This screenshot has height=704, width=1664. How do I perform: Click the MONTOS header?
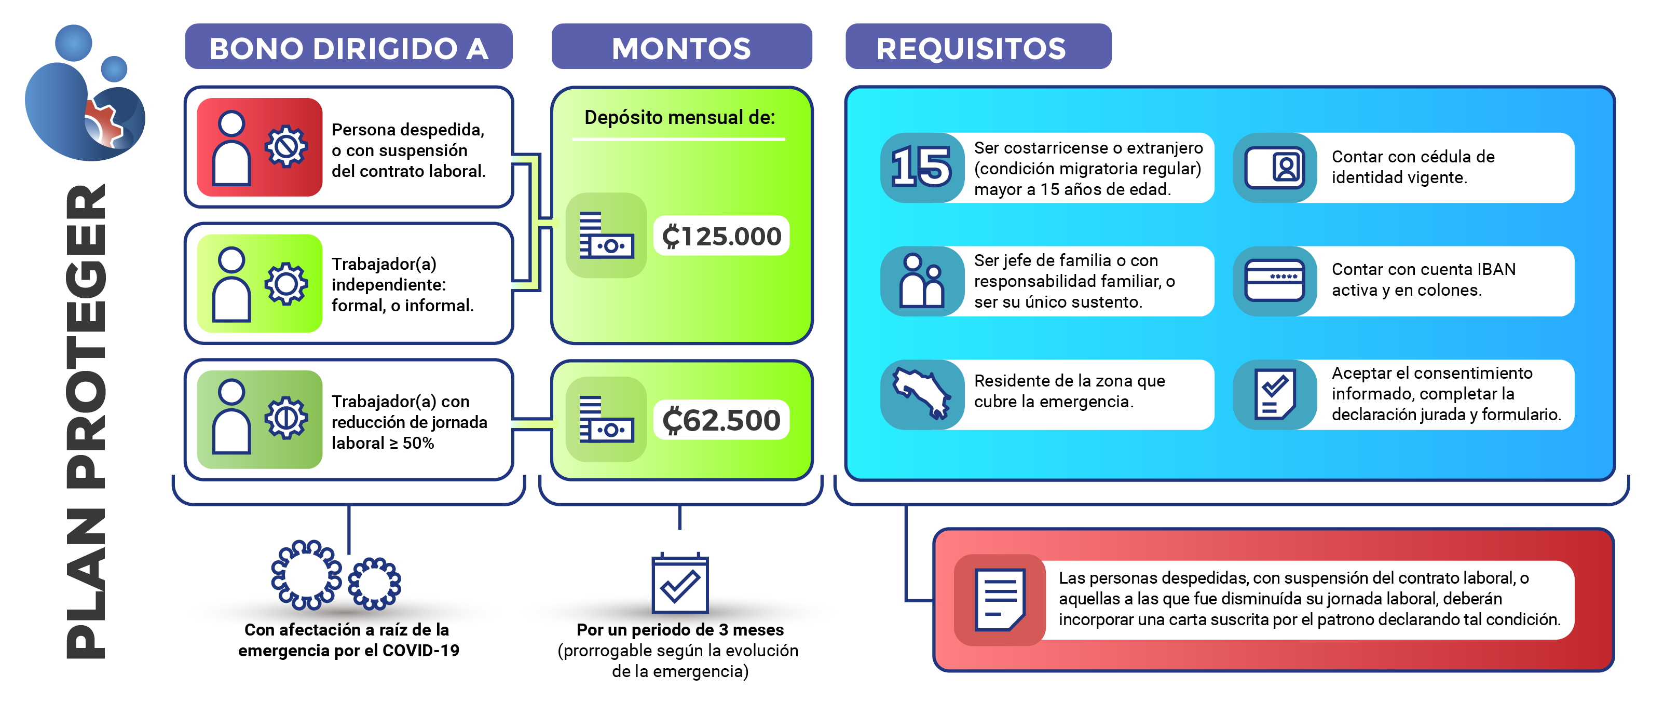(681, 48)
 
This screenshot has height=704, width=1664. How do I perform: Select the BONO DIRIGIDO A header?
(349, 48)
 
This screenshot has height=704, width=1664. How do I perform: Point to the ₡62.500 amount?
(721, 420)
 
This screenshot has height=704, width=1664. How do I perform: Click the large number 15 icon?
(921, 167)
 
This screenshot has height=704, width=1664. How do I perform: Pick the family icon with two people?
(922, 281)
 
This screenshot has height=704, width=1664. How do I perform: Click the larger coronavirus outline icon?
(306, 575)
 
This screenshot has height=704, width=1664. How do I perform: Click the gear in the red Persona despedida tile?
(286, 147)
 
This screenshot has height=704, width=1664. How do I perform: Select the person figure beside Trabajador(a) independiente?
(231, 284)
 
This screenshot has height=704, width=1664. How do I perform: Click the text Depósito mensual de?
(679, 118)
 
